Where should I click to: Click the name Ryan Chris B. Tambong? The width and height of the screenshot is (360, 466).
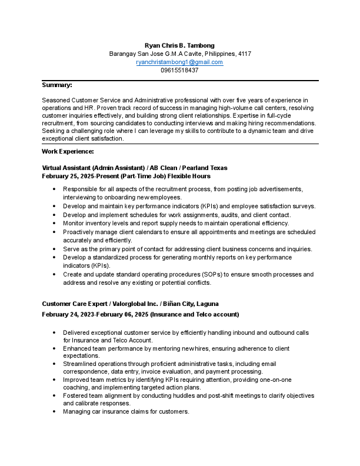[x=179, y=45]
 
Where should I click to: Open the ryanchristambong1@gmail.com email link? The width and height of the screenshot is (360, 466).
[x=179, y=62]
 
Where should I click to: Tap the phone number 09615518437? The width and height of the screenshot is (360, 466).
[x=179, y=70]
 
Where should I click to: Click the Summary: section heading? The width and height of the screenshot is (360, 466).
[x=57, y=85]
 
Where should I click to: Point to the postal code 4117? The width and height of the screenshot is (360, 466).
[x=244, y=54]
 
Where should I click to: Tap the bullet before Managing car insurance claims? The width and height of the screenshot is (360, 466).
[x=54, y=411]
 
